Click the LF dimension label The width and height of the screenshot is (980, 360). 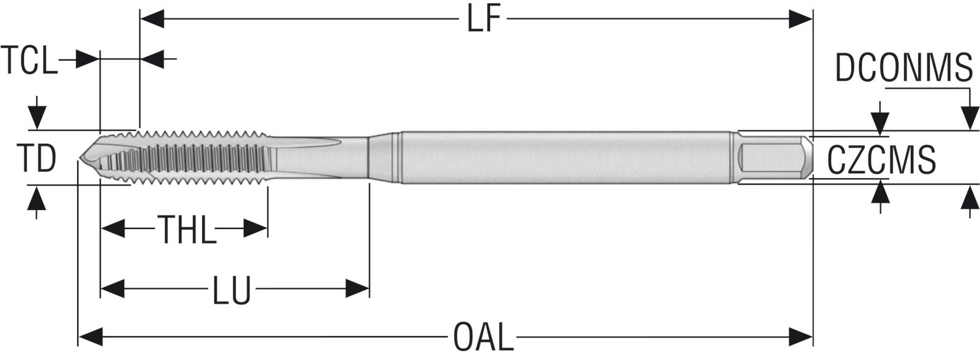[484, 20]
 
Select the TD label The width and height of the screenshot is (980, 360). [36, 158]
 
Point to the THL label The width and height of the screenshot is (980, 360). [188, 230]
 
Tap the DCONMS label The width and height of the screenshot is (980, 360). [904, 67]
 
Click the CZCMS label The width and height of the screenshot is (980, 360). [881, 160]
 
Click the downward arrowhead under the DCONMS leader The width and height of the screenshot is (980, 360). [970, 117]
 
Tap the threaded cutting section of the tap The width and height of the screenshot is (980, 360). [196, 157]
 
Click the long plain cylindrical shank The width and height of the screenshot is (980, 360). [563, 157]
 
